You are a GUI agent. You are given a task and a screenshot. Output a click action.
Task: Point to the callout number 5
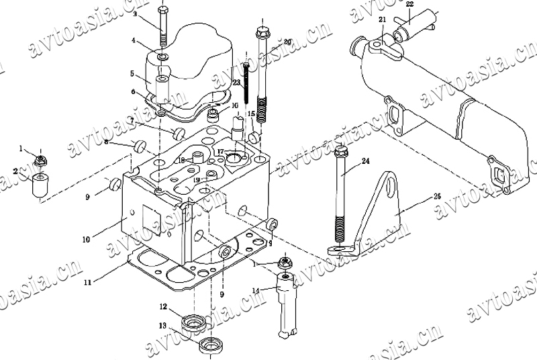pyautogui.click(x=133, y=73)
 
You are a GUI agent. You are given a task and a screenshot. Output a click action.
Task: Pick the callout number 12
pyautogui.click(x=162, y=307)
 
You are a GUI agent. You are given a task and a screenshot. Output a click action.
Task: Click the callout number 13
pyautogui.click(x=162, y=326)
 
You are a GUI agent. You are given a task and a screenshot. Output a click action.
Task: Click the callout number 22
pyautogui.click(x=410, y=5)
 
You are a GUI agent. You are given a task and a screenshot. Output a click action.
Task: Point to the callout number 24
pyautogui.click(x=365, y=161)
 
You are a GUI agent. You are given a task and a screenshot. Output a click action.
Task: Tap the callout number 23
pyautogui.click(x=236, y=83)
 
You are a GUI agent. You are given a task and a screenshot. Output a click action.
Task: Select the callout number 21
pyautogui.click(x=382, y=20)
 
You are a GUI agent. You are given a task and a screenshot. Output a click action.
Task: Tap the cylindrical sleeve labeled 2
pyautogui.click(x=41, y=185)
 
